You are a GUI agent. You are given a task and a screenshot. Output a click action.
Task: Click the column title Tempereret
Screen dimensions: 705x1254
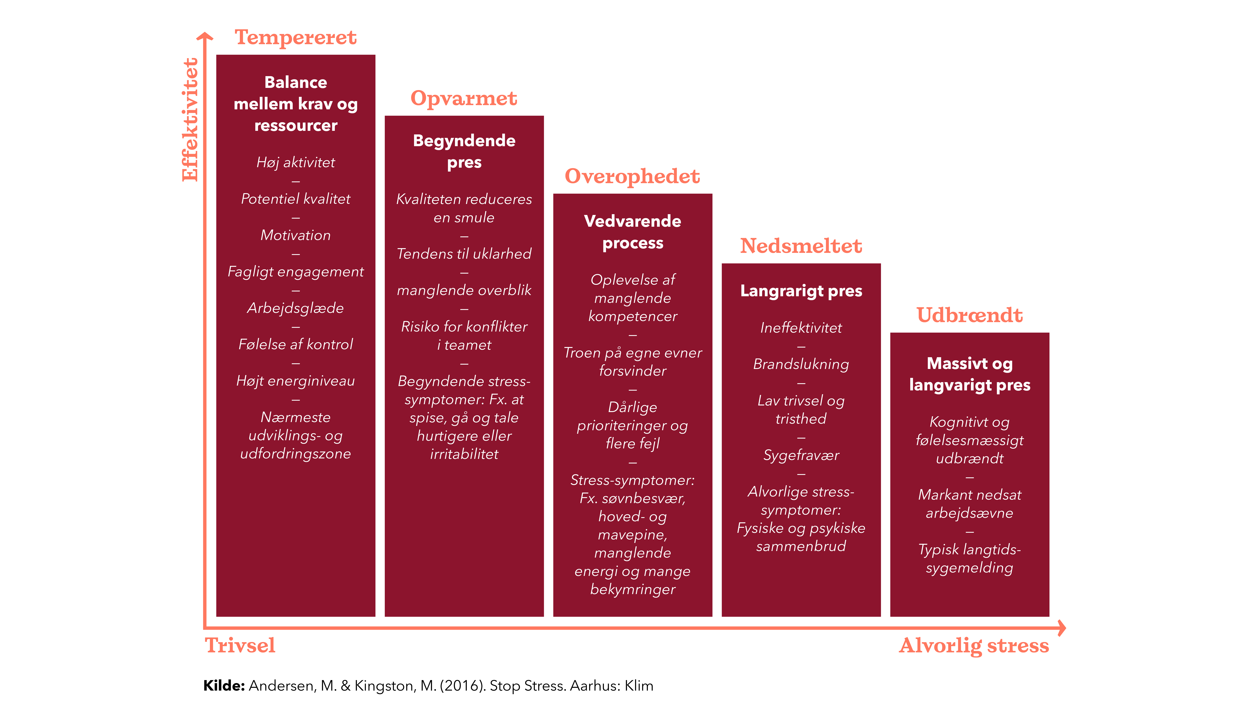(x=295, y=37)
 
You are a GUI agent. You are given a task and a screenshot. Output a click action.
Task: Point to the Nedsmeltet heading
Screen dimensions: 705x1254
(x=801, y=246)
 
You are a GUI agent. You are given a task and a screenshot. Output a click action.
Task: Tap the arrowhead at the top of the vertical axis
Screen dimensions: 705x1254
(x=205, y=37)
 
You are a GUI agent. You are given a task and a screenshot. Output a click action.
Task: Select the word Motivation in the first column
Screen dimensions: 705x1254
(x=295, y=235)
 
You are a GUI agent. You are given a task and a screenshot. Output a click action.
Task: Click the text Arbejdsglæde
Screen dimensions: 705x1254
(x=295, y=308)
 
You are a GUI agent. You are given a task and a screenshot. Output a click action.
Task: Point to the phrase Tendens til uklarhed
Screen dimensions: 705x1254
(x=464, y=253)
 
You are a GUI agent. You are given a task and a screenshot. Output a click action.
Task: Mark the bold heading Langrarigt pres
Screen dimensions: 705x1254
(x=801, y=291)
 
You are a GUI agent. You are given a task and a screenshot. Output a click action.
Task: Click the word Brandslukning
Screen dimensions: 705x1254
(x=801, y=364)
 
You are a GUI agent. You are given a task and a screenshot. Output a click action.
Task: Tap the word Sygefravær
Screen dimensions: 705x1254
(x=801, y=455)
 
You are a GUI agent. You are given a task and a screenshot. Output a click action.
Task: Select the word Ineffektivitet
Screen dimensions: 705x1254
(x=801, y=327)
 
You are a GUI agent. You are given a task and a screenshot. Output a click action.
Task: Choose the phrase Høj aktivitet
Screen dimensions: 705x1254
(x=295, y=162)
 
